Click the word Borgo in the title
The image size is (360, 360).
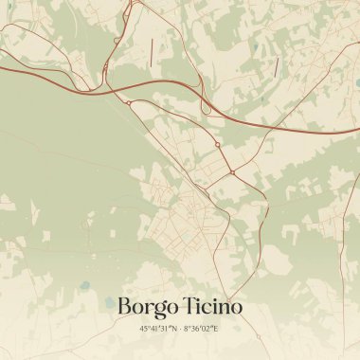[148, 307]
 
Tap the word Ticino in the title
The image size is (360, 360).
[212, 306]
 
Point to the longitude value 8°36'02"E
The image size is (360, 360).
[201, 328]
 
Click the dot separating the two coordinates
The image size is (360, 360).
[179, 328]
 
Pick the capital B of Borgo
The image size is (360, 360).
[124, 306]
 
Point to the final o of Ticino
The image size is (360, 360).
[235, 308]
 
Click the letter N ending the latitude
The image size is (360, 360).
[173, 328]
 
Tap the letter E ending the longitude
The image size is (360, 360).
[216, 328]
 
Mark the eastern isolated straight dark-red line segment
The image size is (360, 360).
[277, 66]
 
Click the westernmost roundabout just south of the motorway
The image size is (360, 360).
[128, 102]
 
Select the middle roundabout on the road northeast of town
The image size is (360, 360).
[217, 145]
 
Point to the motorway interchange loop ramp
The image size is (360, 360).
[117, 42]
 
